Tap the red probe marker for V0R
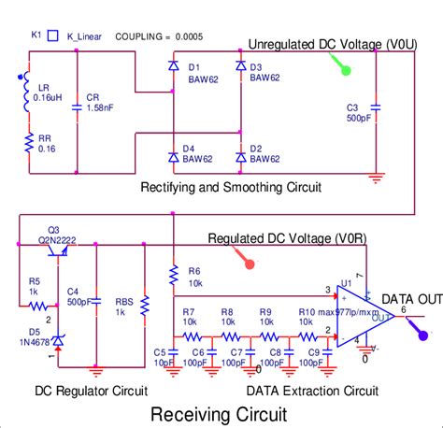tap(248, 264)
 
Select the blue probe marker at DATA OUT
tap(422, 335)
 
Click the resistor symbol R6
tap(173, 276)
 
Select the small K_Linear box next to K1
tap(52, 35)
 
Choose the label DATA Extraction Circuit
tap(311, 390)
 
